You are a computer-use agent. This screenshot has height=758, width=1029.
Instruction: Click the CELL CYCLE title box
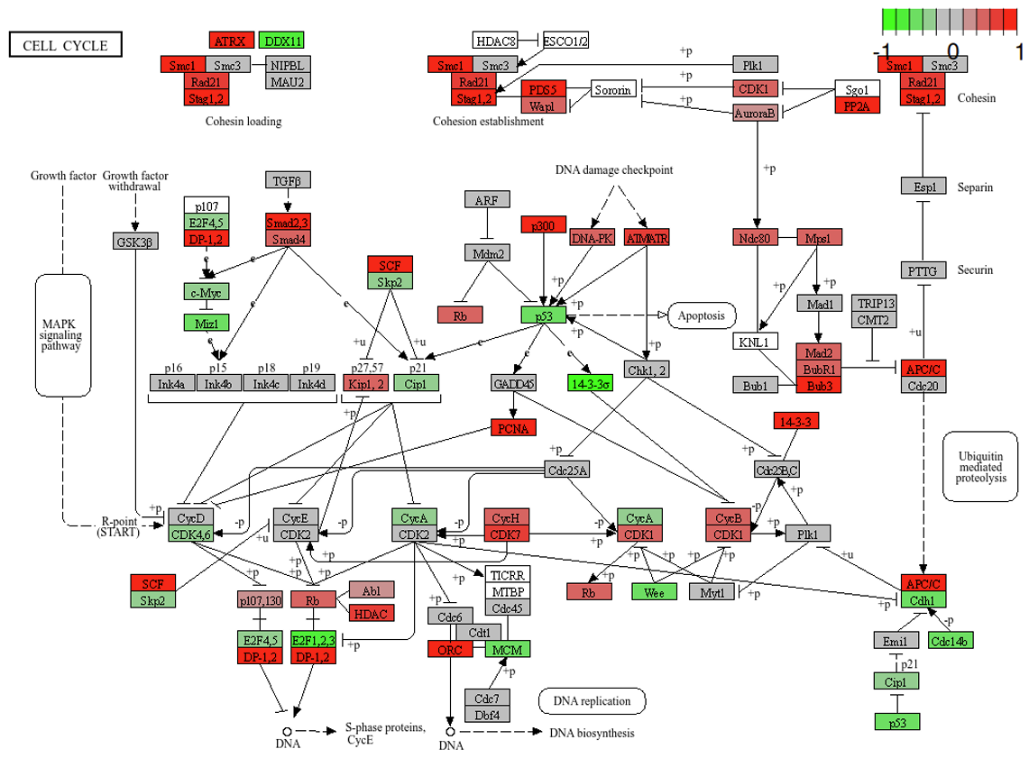pos(65,45)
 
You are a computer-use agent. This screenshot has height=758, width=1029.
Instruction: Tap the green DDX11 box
pos(280,41)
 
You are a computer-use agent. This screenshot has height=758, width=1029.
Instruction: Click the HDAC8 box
pos(495,41)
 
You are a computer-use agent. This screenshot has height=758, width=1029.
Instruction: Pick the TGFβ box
pos(289,180)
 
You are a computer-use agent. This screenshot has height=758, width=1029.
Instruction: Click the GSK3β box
pos(135,241)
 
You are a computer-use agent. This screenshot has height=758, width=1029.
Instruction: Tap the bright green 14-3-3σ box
pos(592,383)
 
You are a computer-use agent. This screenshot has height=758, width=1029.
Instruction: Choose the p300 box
pos(542,224)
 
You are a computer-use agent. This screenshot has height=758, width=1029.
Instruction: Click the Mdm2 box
pos(488,252)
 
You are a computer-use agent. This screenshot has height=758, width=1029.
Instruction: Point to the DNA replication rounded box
pos(592,700)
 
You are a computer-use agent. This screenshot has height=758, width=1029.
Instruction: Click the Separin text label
pos(976,187)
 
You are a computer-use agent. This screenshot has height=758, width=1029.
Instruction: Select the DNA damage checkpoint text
pos(614,170)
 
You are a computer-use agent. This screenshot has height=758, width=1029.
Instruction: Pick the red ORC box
pos(450,649)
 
